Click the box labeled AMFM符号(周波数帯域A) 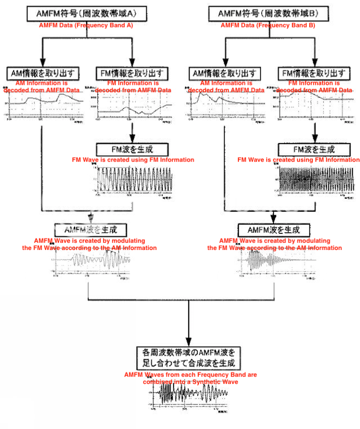(85, 13)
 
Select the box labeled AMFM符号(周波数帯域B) (268, 13)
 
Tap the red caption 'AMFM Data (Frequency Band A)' (85, 26)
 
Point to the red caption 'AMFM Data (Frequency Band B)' (268, 26)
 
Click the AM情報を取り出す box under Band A (43, 74)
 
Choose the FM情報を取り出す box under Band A (132, 74)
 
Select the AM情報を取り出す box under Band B (225, 74)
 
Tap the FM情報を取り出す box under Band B (314, 74)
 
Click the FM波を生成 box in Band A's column (132, 150)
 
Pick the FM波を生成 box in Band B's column (314, 150)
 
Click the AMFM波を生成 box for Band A (90, 230)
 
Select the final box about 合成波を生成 (189, 358)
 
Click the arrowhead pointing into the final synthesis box (189, 342)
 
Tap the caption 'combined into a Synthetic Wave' (190, 382)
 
